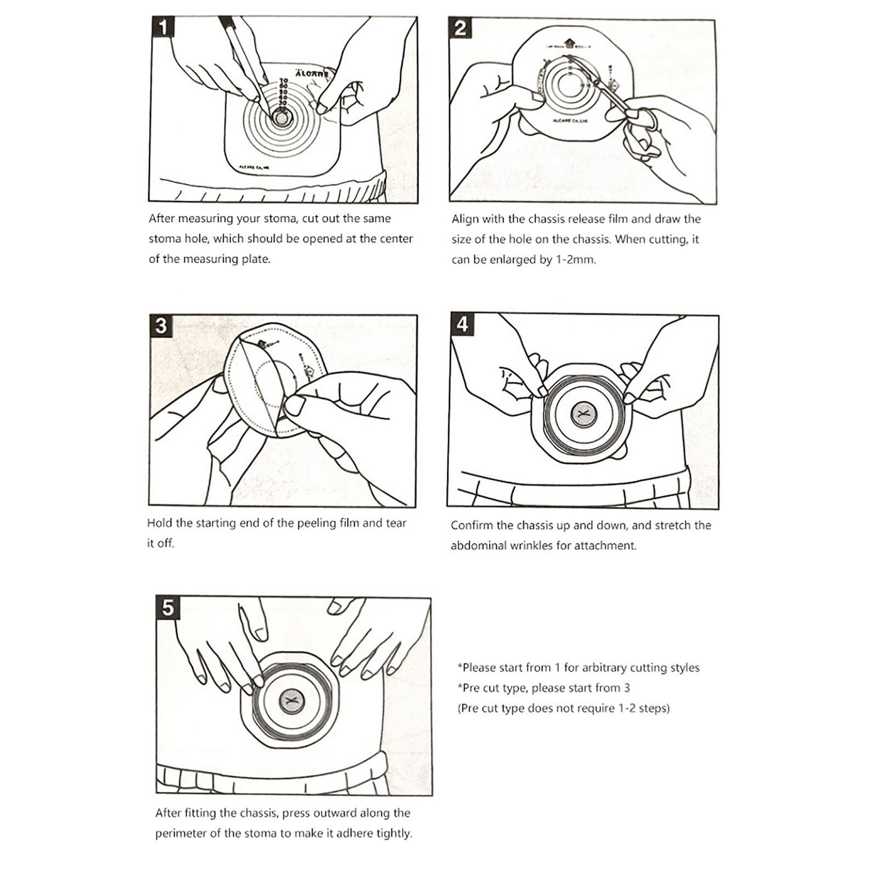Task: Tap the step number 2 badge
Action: coord(460,28)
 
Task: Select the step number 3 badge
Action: coord(161,326)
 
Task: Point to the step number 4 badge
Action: coord(462,324)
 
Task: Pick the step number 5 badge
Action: coord(168,607)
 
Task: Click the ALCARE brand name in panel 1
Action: coord(312,73)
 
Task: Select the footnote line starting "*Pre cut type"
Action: coord(544,688)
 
